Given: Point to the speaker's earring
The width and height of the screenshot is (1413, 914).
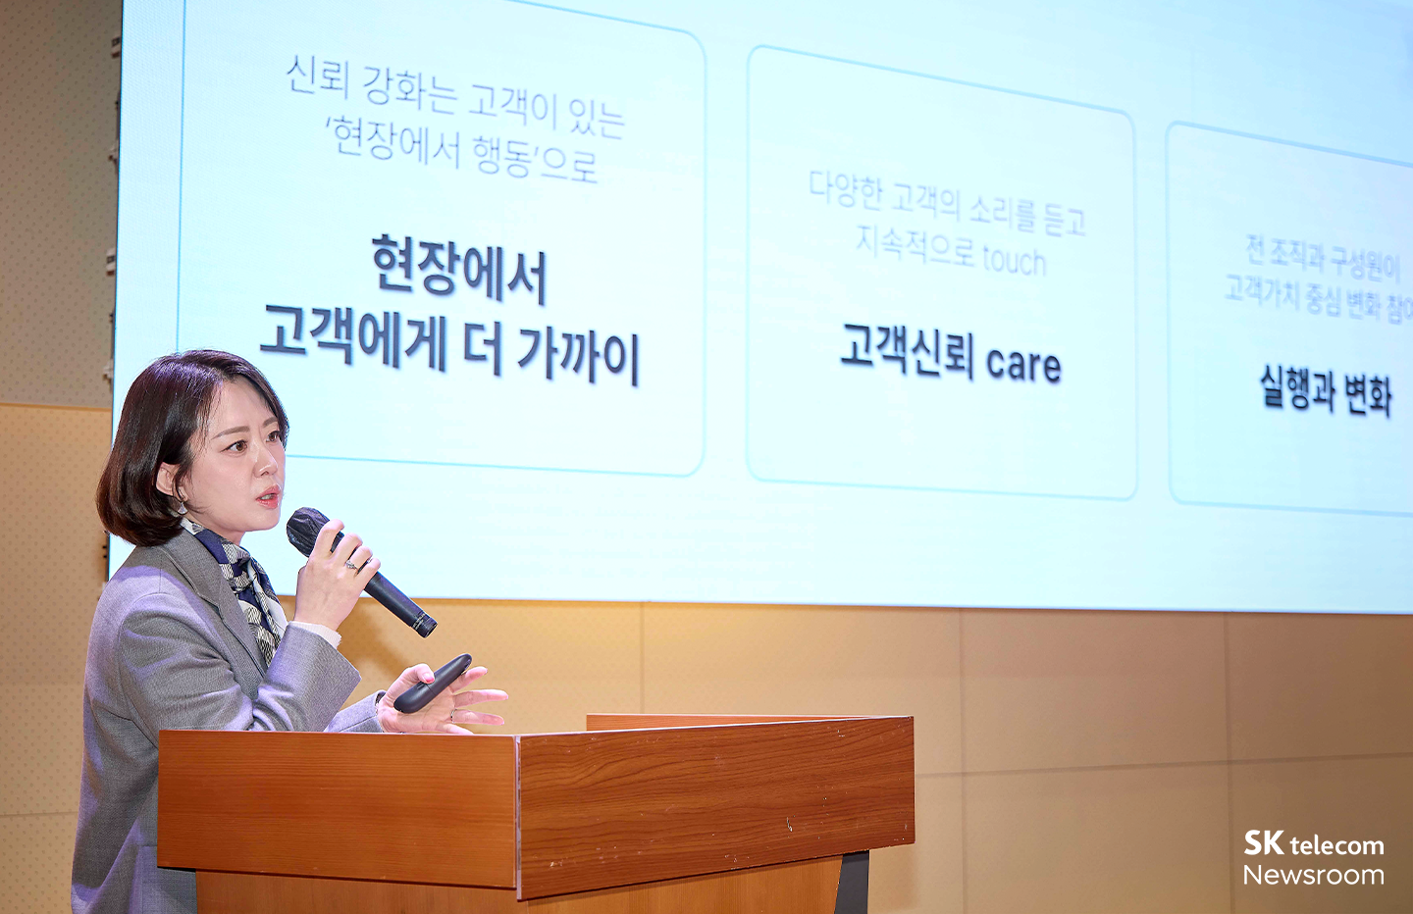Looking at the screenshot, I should click(x=182, y=506).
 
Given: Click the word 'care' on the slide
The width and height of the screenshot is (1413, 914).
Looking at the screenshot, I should click(x=1023, y=364).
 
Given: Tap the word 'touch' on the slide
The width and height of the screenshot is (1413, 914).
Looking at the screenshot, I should click(x=1014, y=260).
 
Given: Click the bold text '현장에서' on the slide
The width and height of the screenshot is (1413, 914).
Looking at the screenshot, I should click(x=458, y=268).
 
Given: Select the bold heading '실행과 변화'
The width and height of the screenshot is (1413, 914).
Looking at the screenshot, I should click(x=1325, y=390).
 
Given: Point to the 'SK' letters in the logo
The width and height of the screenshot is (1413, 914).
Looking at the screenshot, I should click(x=1264, y=842).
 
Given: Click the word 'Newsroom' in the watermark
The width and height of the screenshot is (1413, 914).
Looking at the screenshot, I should click(x=1313, y=875).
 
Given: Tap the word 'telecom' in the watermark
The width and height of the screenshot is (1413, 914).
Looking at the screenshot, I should click(x=1336, y=845).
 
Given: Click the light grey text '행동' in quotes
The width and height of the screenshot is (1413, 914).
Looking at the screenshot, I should click(x=501, y=155).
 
